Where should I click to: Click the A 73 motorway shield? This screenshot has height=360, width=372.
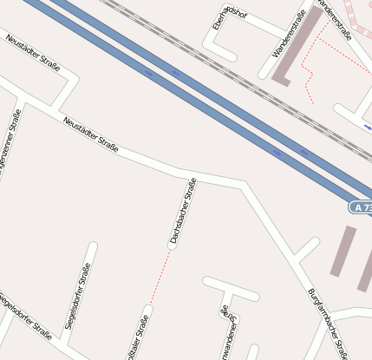click(x=362, y=207)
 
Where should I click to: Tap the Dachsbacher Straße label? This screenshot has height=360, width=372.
click(x=184, y=213)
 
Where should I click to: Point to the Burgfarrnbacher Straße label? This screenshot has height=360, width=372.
click(x=328, y=322)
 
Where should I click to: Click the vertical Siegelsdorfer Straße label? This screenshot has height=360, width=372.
click(x=78, y=297)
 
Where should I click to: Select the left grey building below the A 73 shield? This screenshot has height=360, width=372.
click(x=343, y=252)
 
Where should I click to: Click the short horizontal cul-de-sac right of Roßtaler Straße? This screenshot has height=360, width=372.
click(x=231, y=288)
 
